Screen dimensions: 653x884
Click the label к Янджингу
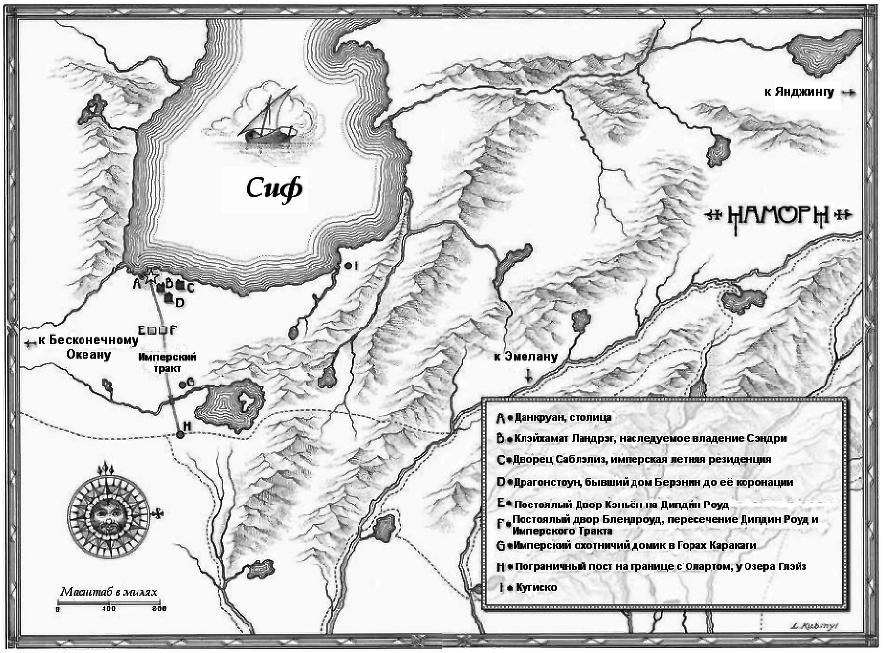(798, 92)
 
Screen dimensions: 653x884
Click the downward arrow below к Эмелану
(529, 376)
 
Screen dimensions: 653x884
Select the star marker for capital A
(150, 280)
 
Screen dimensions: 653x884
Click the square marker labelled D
(170, 301)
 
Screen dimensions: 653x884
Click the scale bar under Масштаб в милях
(107, 602)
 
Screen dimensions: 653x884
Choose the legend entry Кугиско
(534, 587)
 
